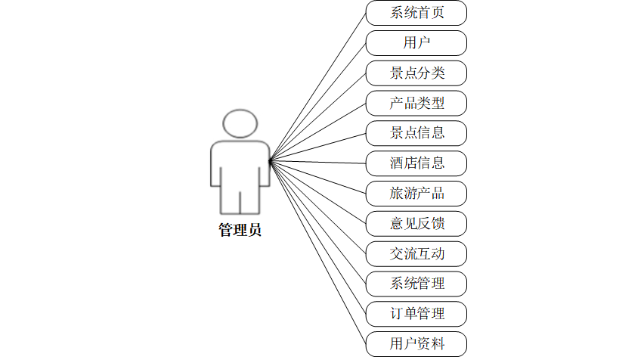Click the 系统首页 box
(416, 13)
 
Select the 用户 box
(416, 43)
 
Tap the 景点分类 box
(416, 73)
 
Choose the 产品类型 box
(416, 103)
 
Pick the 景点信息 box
(416, 133)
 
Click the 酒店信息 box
(416, 163)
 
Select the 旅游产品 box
(416, 193)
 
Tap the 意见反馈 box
(416, 223)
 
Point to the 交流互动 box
(416, 253)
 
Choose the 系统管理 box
(416, 284)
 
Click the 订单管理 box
(416, 313)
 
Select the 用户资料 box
(416, 344)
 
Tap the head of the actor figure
(240, 124)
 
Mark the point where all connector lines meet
(270, 160)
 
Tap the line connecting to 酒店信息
(317, 162)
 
